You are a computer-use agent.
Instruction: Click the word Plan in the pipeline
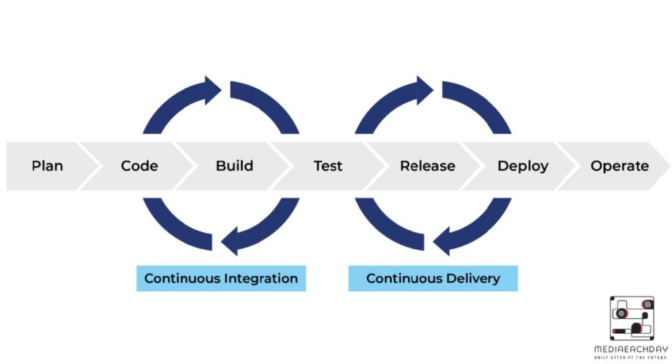tap(47, 166)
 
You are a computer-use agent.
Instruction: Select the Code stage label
tap(139, 166)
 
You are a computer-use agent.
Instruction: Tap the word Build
tap(234, 166)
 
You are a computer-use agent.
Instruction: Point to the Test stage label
tap(327, 166)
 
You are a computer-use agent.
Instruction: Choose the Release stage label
tap(427, 166)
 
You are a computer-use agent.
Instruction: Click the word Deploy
tap(522, 166)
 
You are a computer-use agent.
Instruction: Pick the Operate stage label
tap(619, 166)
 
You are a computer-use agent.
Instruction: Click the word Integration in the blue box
tap(261, 278)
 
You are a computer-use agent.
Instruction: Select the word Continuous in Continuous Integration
tap(182, 278)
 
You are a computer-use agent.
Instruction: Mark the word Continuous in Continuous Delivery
tap(402, 278)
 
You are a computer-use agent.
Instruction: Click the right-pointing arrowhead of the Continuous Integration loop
tap(213, 90)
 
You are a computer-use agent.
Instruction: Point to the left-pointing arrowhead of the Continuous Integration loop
tap(229, 241)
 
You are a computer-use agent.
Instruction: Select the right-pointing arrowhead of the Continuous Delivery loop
tap(425, 90)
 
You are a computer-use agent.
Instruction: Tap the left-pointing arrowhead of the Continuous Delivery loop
tap(441, 241)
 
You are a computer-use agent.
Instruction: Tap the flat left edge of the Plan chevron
tap(8, 166)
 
